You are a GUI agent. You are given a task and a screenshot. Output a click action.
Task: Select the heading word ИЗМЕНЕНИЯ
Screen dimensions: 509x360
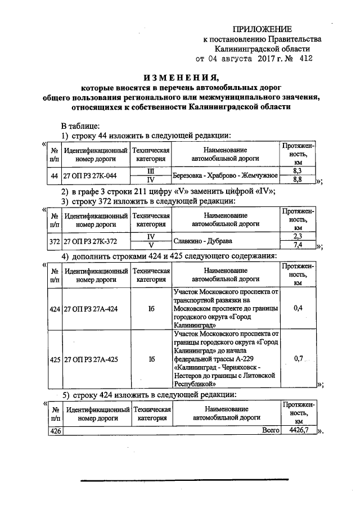tap(179, 78)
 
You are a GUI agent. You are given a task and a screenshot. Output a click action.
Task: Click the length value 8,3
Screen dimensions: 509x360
tap(298, 170)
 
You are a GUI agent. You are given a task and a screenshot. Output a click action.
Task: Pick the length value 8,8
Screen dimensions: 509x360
tap(298, 179)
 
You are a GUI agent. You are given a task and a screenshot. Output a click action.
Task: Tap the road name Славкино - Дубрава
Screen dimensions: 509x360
tap(201, 241)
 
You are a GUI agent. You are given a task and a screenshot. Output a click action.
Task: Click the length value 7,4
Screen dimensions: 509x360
tap(298, 246)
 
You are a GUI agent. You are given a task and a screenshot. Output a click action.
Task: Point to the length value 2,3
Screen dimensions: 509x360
tap(298, 237)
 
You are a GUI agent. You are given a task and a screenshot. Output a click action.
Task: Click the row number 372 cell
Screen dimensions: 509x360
tap(55, 242)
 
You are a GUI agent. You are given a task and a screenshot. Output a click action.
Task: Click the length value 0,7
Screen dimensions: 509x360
tap(298, 358)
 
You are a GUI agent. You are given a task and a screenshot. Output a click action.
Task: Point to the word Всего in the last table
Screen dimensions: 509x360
tap(270, 430)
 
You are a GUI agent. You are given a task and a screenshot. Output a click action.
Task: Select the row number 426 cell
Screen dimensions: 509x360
tap(55, 431)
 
